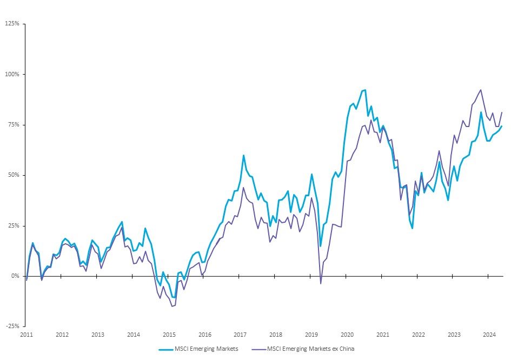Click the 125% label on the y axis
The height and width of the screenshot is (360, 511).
(x=12, y=24)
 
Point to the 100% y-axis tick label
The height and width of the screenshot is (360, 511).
(x=12, y=74)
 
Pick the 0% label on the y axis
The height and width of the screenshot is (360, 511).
(x=15, y=276)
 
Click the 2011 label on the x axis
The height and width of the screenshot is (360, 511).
(x=26, y=335)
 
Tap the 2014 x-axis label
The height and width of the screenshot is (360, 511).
(x=133, y=335)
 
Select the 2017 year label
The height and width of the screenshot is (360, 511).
(x=240, y=335)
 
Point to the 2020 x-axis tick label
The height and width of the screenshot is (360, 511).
(x=347, y=335)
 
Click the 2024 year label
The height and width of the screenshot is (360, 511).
(x=489, y=335)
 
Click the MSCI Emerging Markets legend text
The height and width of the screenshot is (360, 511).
(x=206, y=349)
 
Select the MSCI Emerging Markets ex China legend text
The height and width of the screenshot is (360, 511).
(x=311, y=349)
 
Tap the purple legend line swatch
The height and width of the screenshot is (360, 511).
(x=257, y=349)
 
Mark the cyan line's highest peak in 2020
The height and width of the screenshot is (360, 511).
(x=365, y=90)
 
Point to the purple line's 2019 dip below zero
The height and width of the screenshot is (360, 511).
(x=321, y=283)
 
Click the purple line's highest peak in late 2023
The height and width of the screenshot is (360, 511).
(x=481, y=90)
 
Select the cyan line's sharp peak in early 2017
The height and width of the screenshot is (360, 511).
(x=243, y=155)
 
